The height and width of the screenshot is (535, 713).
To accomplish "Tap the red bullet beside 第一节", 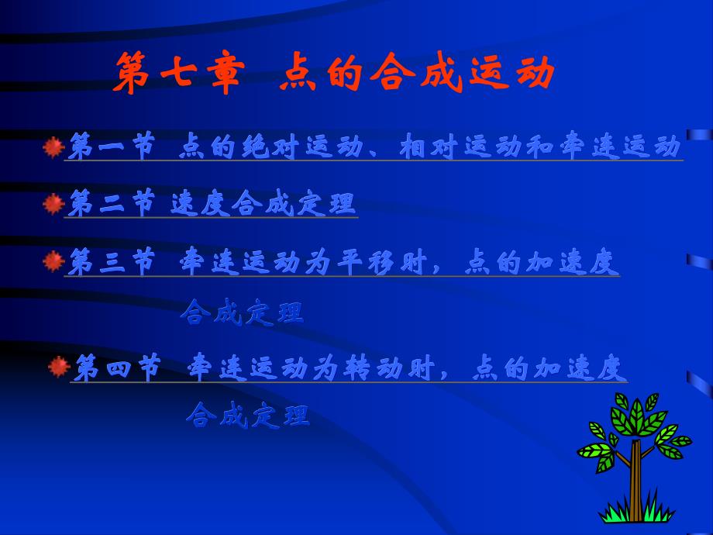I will click(x=53, y=146).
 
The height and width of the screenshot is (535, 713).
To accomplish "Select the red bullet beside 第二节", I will click(x=53, y=204).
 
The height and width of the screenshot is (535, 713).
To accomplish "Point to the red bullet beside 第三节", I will click(x=53, y=262).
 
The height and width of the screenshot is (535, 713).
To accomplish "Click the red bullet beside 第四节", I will click(x=59, y=366).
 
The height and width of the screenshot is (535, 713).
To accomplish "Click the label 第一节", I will click(x=111, y=147).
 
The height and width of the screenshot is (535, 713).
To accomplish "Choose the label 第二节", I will click(x=111, y=204).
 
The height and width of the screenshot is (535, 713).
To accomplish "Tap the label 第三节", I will click(x=111, y=263).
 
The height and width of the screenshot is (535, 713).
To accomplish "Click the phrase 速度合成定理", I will click(x=263, y=204).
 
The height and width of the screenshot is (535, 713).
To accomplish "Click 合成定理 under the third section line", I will click(x=242, y=312).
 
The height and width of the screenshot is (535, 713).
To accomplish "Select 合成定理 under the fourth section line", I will click(x=248, y=415).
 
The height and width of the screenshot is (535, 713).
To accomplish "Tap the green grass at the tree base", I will click(x=635, y=512).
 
